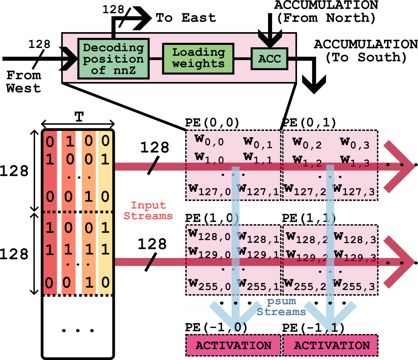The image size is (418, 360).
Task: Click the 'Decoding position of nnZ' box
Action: [113, 59]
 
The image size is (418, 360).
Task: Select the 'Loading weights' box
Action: [198, 58]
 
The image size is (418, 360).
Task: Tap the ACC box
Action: [270, 59]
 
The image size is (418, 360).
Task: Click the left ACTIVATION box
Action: [233, 345]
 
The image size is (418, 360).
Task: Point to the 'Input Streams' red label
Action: [148, 211]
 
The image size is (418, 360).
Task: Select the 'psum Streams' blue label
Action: [282, 306]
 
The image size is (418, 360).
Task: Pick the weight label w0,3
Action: [355, 142]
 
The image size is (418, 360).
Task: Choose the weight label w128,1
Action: [258, 237]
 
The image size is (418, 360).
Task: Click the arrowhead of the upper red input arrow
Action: [402, 166]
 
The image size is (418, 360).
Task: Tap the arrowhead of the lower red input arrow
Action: [402, 262]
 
